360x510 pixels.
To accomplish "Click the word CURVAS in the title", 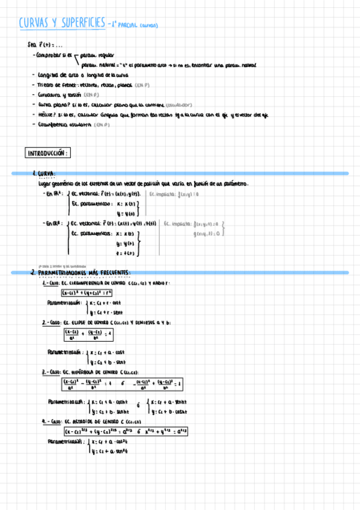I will tap(34, 23).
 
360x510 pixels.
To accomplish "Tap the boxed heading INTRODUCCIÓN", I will tap(48, 153).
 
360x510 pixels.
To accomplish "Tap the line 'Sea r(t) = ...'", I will tap(42, 45).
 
